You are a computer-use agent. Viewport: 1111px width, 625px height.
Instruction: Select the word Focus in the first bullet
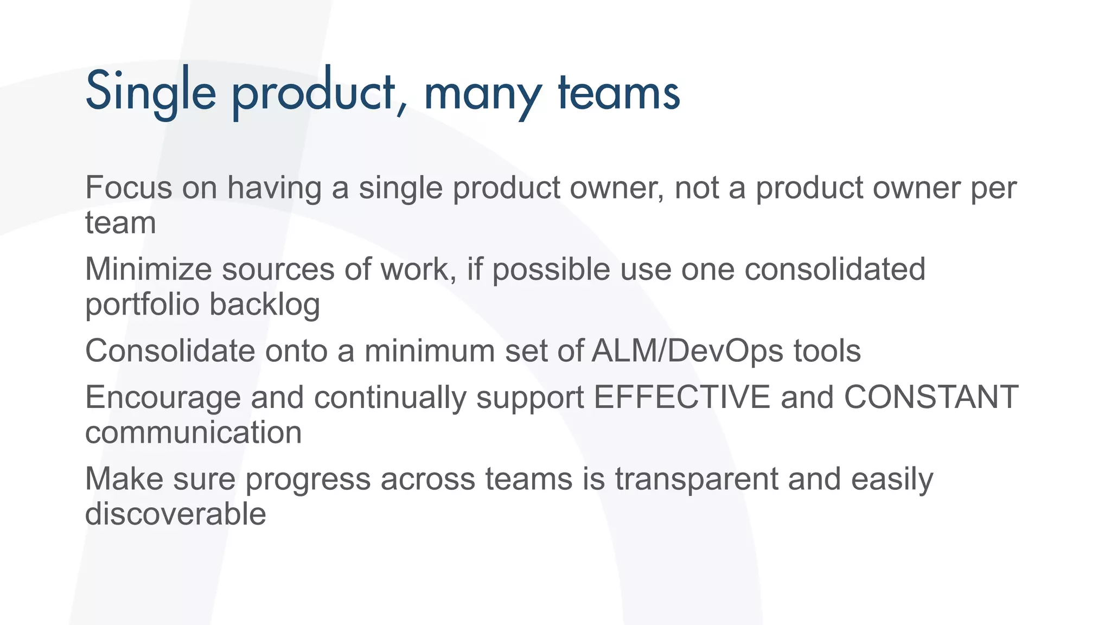click(129, 188)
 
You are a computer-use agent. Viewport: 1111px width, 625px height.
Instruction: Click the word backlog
click(265, 305)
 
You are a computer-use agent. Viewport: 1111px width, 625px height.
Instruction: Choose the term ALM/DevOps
click(687, 351)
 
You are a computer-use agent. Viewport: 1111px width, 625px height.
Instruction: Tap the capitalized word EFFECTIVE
click(682, 397)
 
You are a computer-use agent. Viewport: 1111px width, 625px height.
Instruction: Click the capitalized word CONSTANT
click(931, 397)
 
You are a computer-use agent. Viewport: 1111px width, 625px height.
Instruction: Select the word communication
click(194, 432)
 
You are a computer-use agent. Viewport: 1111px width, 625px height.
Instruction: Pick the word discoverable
click(175, 514)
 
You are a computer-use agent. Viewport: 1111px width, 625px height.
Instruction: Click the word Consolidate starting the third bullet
click(170, 351)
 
